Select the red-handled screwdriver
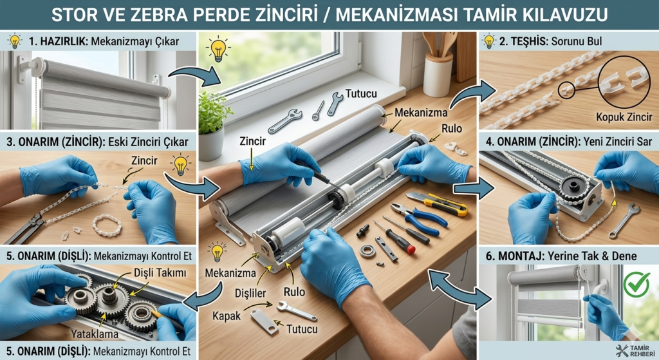pyautogui.click(x=400, y=239)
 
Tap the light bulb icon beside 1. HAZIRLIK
pyautogui.click(x=14, y=42)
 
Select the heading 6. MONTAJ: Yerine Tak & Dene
pyautogui.click(x=562, y=256)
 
